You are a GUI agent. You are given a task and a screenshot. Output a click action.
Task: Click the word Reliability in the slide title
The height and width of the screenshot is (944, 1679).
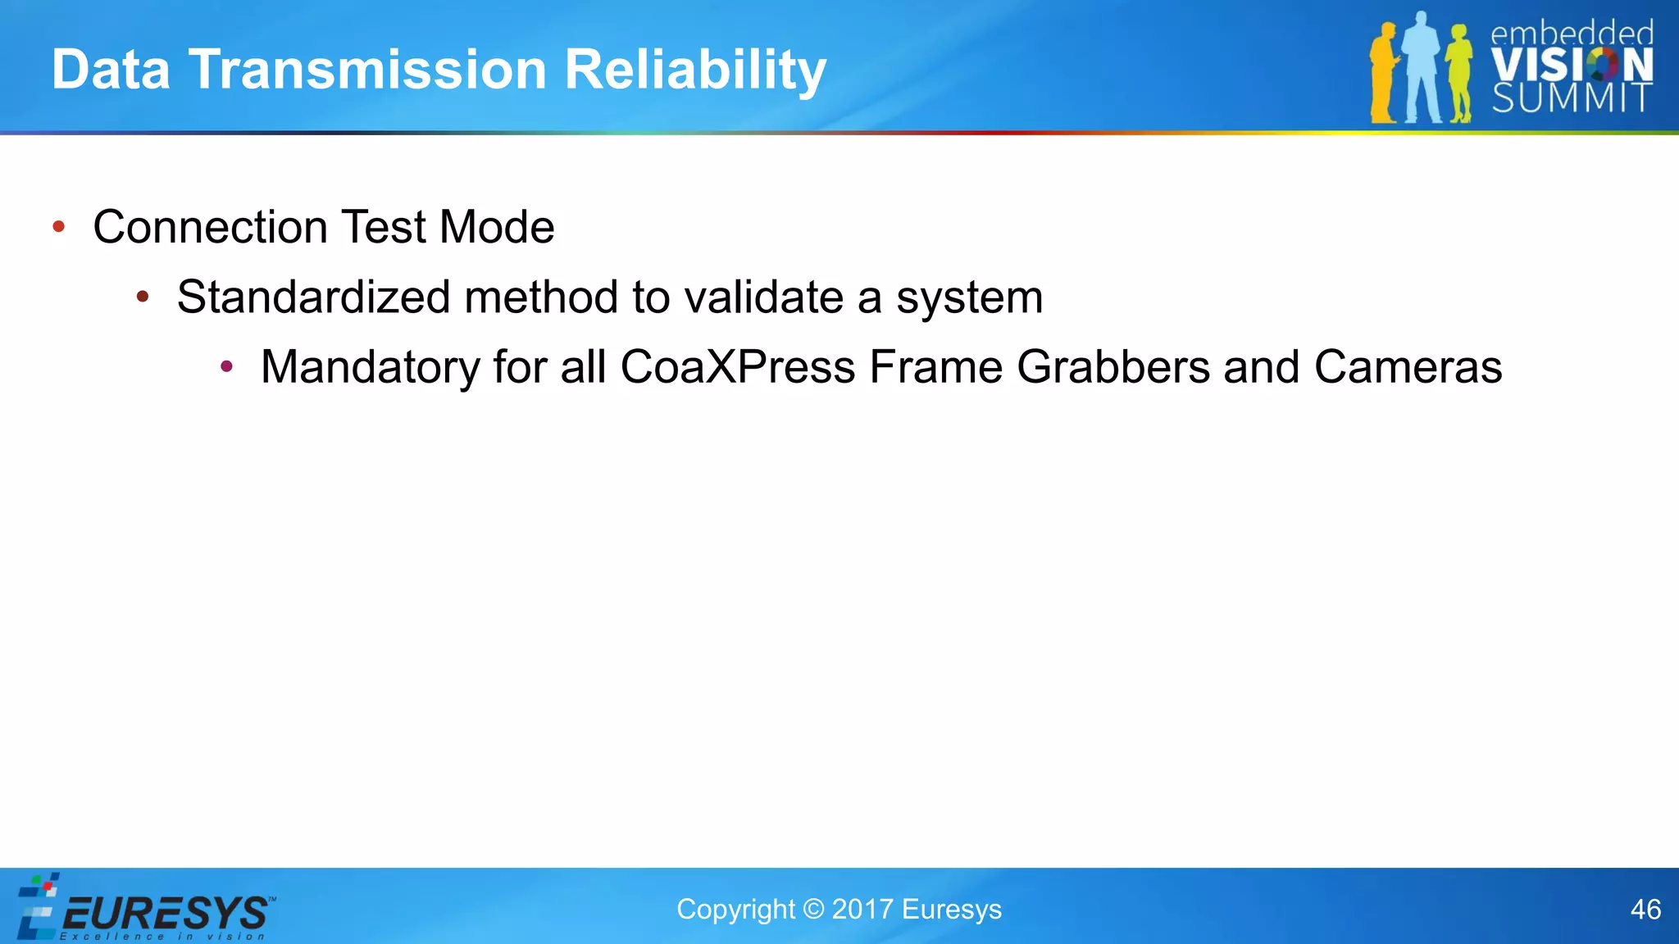[695, 70]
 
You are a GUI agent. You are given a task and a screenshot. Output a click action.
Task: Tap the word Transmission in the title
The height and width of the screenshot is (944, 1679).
[367, 69]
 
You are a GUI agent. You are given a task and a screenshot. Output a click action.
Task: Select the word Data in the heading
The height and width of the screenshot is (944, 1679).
[111, 69]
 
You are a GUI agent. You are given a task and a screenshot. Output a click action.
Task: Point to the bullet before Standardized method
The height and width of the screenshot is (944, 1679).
[143, 297]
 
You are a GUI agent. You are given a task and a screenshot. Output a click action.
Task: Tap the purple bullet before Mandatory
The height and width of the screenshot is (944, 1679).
[227, 366]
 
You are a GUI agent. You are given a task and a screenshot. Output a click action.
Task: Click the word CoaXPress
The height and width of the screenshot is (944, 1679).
[738, 366]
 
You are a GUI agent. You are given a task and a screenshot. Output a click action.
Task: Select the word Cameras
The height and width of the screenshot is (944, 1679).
[1408, 366]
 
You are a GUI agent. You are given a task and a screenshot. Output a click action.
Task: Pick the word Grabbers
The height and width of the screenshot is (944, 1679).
[1113, 368]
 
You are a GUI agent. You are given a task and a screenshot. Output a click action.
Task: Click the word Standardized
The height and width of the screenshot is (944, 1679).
[313, 297]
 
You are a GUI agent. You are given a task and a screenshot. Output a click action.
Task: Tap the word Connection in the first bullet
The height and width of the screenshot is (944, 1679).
[209, 227]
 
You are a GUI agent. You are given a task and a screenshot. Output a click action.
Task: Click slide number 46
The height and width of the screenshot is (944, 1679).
[1645, 910]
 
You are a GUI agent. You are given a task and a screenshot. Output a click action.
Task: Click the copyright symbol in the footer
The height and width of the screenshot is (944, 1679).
[813, 910]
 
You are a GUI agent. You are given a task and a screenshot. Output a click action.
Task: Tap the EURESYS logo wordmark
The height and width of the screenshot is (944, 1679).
[164, 913]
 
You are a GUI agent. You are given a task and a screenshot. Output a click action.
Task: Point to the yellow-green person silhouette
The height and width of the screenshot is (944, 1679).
[1458, 74]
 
